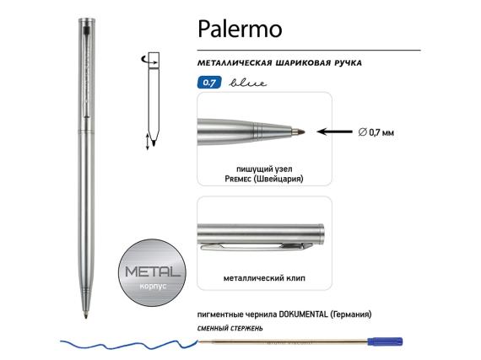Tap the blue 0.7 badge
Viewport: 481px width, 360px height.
pyautogui.click(x=207, y=83)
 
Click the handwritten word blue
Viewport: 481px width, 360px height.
pyautogui.click(x=238, y=83)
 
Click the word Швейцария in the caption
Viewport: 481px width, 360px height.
pyautogui.click(x=281, y=180)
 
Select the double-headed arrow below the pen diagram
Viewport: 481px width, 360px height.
pyautogui.click(x=149, y=141)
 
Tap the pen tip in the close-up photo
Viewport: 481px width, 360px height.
pyautogui.click(x=298, y=131)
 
